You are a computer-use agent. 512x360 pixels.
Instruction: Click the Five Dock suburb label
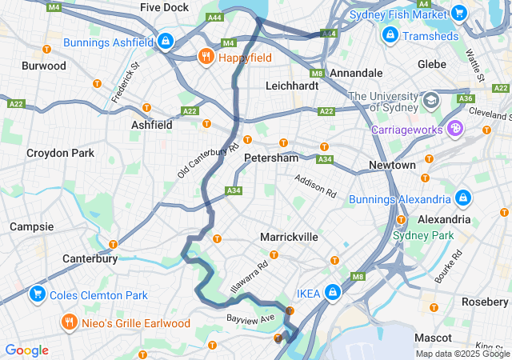pos(165,7)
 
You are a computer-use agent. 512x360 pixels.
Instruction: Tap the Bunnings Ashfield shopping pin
pos(165,39)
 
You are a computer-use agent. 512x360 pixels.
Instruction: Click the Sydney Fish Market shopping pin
pos(458,13)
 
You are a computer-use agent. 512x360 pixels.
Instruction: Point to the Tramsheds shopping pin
pos(389,35)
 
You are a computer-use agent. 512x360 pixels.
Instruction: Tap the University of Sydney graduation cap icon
pos(431,100)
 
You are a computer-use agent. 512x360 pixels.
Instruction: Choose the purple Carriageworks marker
pos(455,128)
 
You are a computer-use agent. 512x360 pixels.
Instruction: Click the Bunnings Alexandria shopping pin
pos(463,198)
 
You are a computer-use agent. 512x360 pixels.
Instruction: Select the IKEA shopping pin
pos(331,293)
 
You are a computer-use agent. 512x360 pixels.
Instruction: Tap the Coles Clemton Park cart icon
pos(36,294)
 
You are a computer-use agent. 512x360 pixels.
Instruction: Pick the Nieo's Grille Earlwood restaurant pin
pos(70,322)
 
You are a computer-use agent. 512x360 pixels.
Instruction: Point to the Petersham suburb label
pos(271,158)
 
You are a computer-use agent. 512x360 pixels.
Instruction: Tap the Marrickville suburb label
pos(289,237)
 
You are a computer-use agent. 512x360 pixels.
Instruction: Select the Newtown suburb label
pos(392,165)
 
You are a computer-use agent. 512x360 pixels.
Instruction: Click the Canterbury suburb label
pos(90,258)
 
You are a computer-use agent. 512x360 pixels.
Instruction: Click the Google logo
pos(27,350)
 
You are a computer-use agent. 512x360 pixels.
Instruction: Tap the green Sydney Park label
pos(422,235)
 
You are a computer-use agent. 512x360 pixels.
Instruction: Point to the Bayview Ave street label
pos(250,318)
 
